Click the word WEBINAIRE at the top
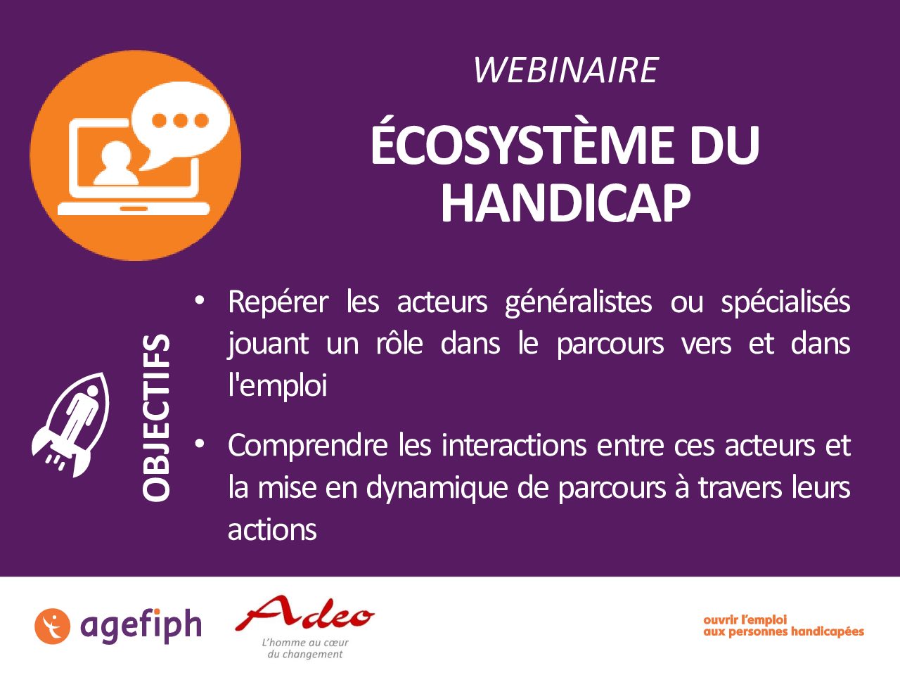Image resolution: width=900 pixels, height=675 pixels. (566, 70)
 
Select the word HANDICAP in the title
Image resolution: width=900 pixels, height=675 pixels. (566, 202)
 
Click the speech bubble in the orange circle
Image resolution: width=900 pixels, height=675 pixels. (181, 123)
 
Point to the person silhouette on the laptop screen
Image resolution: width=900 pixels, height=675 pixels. (117, 163)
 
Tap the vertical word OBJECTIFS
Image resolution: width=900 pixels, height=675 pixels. (156, 418)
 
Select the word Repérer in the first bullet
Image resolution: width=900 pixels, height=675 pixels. (278, 302)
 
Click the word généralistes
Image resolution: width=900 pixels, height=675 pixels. (578, 303)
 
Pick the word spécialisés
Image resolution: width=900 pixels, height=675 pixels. (785, 303)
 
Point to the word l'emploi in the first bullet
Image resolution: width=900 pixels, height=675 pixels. (278, 386)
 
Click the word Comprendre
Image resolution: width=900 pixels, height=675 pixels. (308, 446)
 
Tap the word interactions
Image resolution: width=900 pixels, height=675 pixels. (514, 446)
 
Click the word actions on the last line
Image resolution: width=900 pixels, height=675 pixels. (272, 530)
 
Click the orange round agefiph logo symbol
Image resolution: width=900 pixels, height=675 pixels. (52, 626)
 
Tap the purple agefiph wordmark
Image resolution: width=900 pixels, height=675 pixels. (141, 626)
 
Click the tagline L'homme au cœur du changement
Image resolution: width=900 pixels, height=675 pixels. (304, 648)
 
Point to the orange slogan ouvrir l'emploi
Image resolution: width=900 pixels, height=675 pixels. (745, 619)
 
